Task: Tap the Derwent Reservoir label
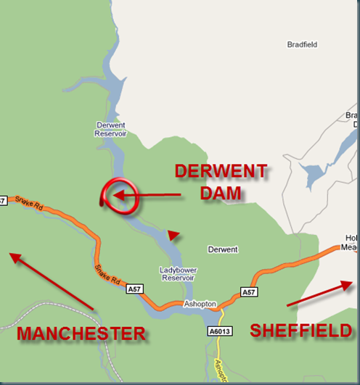point(111,129)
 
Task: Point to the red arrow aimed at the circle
point(149,194)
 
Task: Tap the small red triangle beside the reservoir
point(173,233)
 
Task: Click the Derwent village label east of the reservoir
point(222,249)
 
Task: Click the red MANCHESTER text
point(81,334)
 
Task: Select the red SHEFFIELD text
point(301,331)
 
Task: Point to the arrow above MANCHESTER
point(51,281)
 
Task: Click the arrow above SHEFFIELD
point(319,294)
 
